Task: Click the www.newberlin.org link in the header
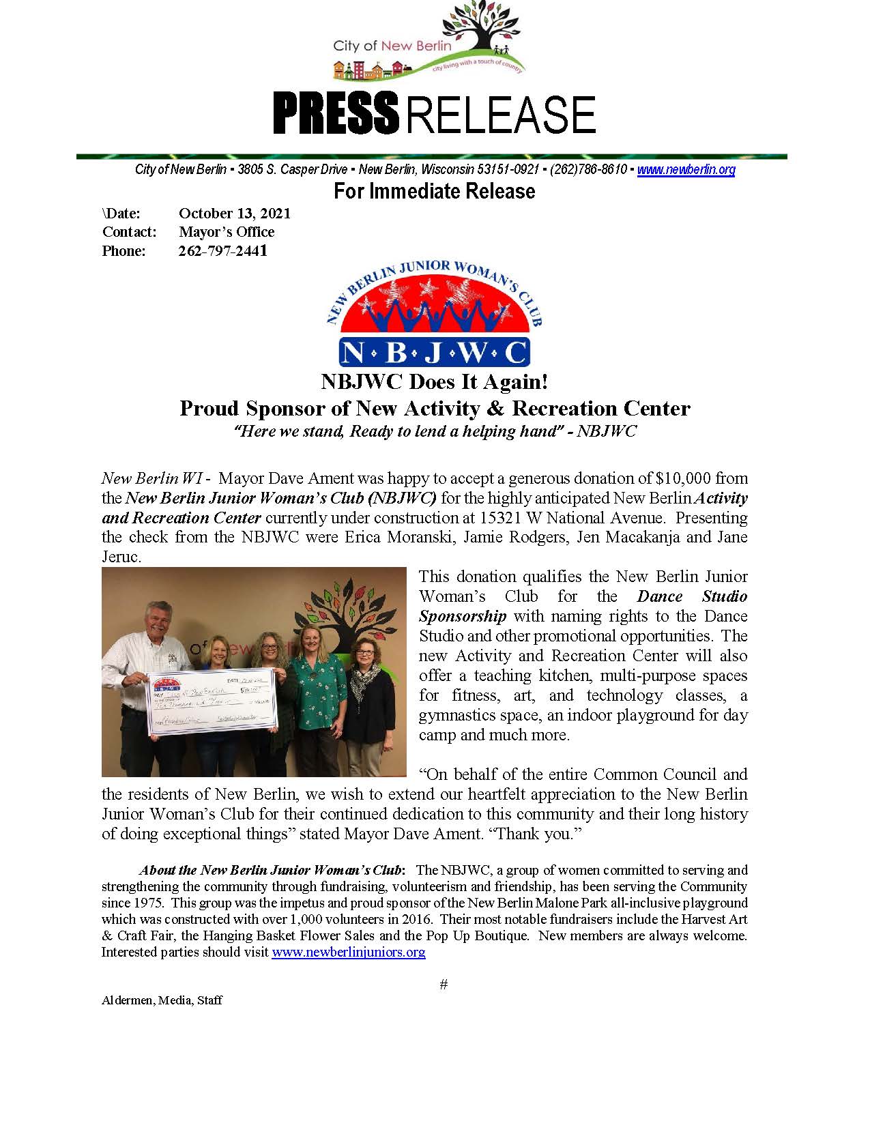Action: click(x=686, y=170)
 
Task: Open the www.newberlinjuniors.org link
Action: click(x=348, y=952)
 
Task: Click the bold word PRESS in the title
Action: click(x=335, y=114)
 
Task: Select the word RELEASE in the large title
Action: click(x=501, y=114)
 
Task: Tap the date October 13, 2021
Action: click(x=235, y=213)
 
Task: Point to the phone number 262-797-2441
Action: click(x=222, y=250)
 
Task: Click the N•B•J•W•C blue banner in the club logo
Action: click(x=434, y=351)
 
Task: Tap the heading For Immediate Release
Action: click(x=434, y=191)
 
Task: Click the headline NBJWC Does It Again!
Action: click(x=434, y=381)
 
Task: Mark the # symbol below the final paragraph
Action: click(x=444, y=984)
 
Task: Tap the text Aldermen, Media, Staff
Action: click(x=162, y=1000)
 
